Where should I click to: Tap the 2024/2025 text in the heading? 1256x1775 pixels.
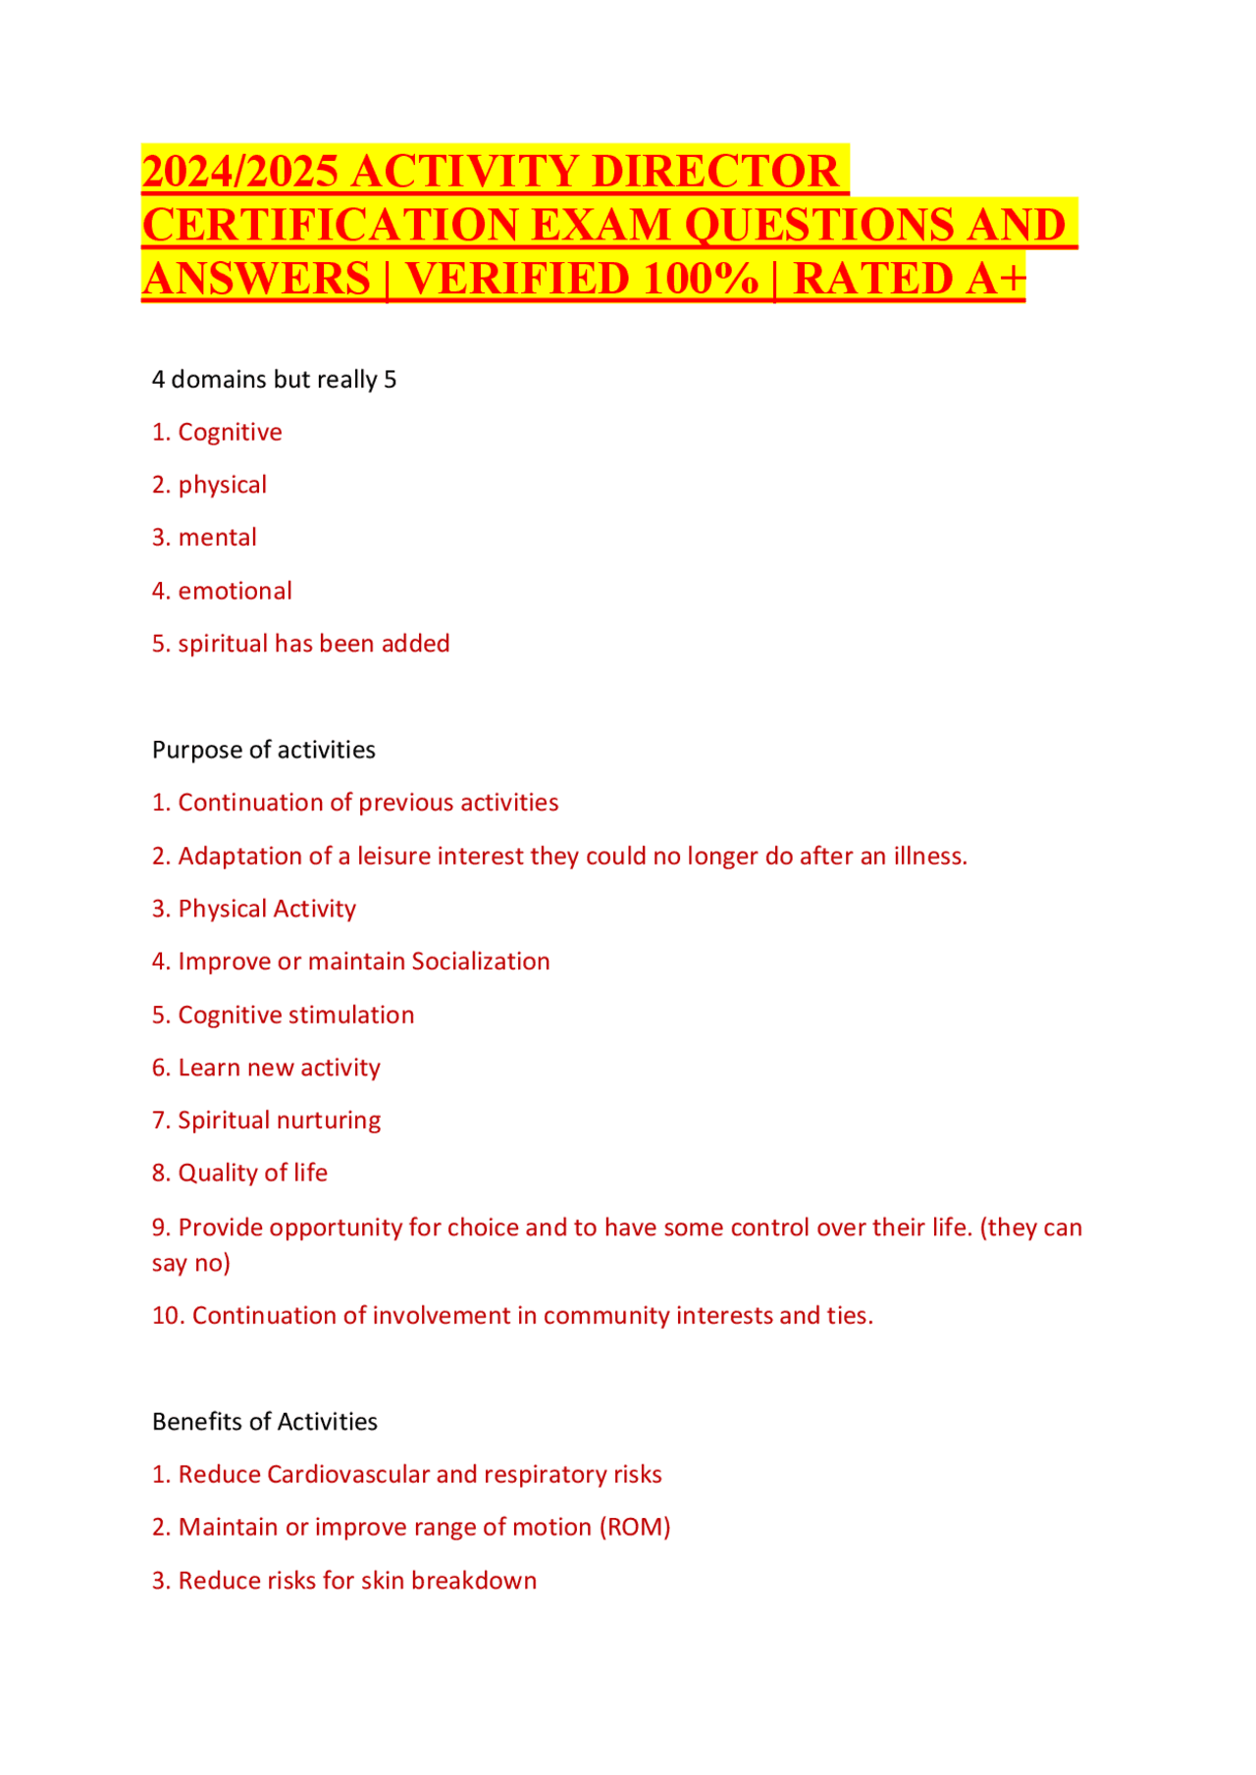(x=240, y=171)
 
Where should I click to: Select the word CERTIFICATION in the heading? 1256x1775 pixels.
(x=330, y=225)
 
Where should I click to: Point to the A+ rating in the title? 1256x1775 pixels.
(x=995, y=279)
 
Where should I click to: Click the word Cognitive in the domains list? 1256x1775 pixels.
(x=230, y=433)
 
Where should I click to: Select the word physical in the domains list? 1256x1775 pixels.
(x=222, y=486)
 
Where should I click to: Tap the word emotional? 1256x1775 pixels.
(x=235, y=592)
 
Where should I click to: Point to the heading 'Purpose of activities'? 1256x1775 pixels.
(x=263, y=751)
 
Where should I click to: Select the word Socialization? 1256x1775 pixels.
(x=480, y=962)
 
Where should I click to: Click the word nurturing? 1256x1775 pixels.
(x=329, y=1121)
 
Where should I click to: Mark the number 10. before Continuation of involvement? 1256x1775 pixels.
(x=168, y=1316)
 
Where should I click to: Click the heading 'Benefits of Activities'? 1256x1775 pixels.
(x=264, y=1422)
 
